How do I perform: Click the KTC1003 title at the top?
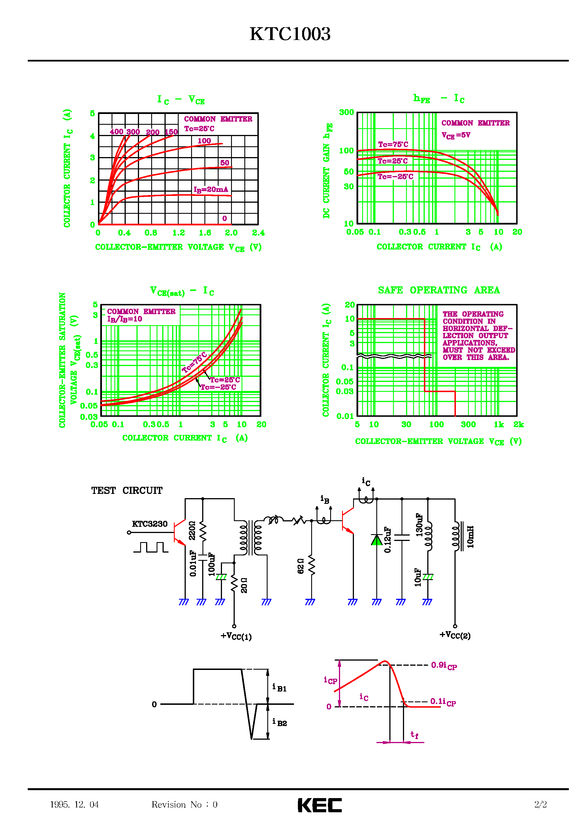click(x=290, y=34)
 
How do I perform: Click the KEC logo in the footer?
click(x=320, y=805)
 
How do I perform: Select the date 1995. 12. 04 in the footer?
click(x=74, y=804)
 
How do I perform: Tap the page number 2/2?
click(x=540, y=804)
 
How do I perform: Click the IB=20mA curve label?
click(x=211, y=190)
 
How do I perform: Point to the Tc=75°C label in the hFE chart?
click(x=393, y=144)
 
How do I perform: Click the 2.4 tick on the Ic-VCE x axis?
click(x=258, y=233)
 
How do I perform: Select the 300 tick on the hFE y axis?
click(x=346, y=112)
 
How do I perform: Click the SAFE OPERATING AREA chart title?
click(x=439, y=290)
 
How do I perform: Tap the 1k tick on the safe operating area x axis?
click(x=499, y=425)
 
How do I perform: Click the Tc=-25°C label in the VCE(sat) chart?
click(x=218, y=387)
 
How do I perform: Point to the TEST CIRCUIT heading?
click(x=127, y=490)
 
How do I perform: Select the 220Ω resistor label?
click(x=192, y=530)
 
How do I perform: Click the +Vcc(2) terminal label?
click(x=455, y=635)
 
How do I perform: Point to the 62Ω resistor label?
click(x=301, y=566)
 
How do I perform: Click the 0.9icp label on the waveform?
click(x=444, y=665)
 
